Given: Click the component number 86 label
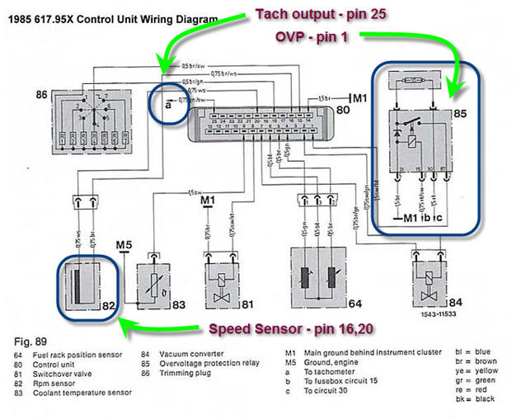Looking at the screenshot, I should (x=39, y=96).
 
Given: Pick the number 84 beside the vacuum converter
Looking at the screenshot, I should (x=457, y=304).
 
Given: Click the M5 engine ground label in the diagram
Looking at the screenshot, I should (x=124, y=245).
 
